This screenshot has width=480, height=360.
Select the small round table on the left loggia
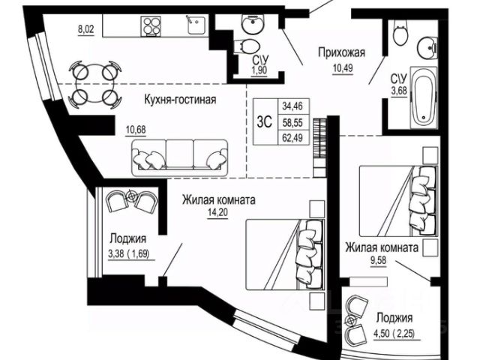pos(132,196)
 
